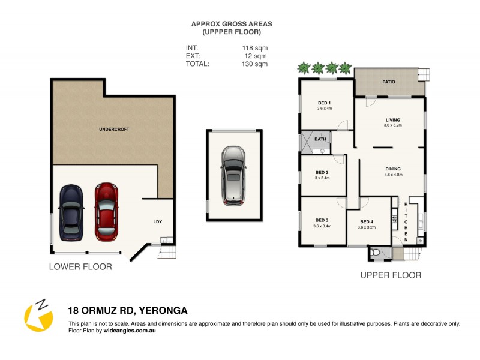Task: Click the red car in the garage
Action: click(106, 212)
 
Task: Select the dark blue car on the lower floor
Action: click(71, 212)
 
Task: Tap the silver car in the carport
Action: click(233, 176)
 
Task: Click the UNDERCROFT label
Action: click(114, 130)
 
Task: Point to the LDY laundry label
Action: click(158, 221)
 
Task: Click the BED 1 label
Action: click(325, 103)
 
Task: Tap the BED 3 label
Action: click(322, 220)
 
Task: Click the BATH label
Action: click(321, 140)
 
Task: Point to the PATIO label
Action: click(389, 81)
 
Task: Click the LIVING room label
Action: click(393, 120)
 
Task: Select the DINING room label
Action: click(393, 169)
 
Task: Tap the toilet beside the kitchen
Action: click(376, 253)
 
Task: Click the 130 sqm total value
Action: click(255, 64)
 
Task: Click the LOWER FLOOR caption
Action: click(80, 266)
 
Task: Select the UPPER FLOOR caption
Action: click(391, 275)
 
